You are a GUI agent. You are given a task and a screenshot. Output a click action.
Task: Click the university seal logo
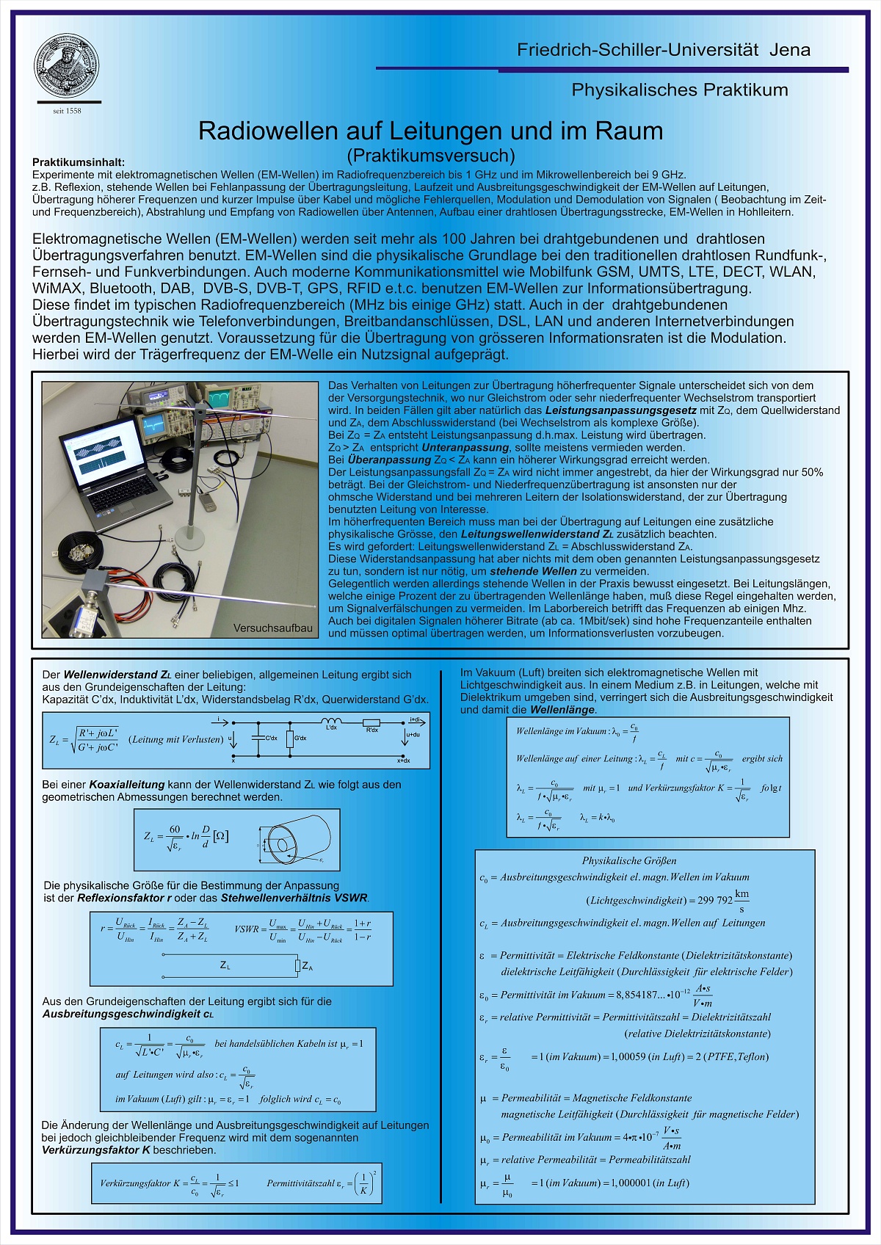[67, 65]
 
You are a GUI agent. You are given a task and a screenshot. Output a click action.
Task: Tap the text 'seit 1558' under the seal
[67, 111]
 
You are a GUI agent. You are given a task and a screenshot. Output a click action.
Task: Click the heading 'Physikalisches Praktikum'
[679, 90]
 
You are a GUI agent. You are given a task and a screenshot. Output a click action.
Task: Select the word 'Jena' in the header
[790, 50]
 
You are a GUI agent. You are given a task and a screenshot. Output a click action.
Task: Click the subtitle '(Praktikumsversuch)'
[430, 156]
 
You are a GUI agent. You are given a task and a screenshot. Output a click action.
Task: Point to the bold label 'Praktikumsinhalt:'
[79, 162]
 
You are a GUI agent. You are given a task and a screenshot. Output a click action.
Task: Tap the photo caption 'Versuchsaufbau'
[272, 628]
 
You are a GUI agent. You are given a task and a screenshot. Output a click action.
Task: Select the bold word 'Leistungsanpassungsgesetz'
[620, 410]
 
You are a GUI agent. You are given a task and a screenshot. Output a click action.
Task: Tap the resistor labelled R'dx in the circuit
[372, 723]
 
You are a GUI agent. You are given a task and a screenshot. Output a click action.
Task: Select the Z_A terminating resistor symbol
[297, 965]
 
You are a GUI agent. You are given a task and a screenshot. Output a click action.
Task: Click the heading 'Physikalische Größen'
[629, 860]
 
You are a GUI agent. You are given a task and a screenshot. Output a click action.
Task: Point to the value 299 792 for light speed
[714, 900]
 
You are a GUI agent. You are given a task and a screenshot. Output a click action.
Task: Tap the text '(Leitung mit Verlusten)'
[176, 739]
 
